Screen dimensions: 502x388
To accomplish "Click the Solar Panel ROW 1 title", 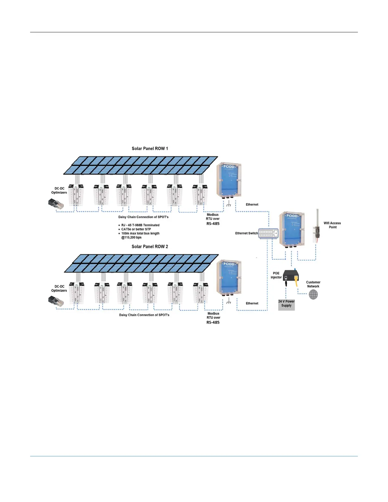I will [x=150, y=148].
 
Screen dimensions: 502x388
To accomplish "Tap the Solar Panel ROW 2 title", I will [x=150, y=246].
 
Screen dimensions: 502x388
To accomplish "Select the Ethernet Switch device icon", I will [x=268, y=234].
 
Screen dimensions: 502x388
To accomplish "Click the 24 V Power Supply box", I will [x=286, y=304].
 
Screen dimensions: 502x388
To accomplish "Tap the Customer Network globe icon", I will [x=313, y=294].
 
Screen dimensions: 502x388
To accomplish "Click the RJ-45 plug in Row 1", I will [x=56, y=203].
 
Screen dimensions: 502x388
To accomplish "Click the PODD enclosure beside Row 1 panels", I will [x=229, y=180].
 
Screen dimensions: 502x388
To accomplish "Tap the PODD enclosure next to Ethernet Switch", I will [x=292, y=229].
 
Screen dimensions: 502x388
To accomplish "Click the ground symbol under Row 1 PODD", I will [x=229, y=205].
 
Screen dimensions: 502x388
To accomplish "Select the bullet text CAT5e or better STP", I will [x=136, y=229].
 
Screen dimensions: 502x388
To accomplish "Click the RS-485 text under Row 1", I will [x=213, y=223].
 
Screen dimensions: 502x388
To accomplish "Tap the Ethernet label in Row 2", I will [x=252, y=303].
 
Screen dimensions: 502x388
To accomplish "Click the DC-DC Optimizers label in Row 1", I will [x=59, y=190].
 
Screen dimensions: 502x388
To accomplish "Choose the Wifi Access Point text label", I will [x=332, y=225].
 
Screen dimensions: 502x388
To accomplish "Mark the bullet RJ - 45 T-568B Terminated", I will [x=140, y=225].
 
